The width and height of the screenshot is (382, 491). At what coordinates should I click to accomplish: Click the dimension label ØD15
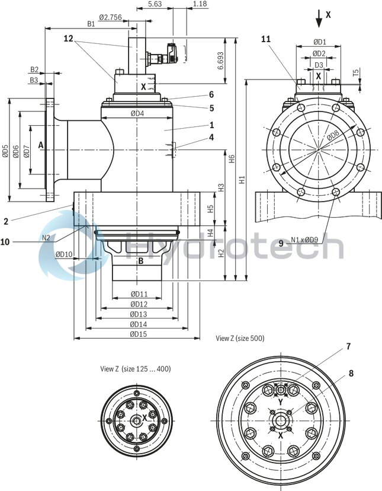point(139,334)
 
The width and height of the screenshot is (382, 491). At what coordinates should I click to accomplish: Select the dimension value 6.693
point(220,62)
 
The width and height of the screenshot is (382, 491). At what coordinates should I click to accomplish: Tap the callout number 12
point(68,39)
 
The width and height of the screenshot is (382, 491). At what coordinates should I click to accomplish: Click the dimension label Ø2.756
point(110,17)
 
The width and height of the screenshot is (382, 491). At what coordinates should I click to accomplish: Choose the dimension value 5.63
point(155,4)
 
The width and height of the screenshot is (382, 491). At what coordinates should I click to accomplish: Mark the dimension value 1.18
point(200,4)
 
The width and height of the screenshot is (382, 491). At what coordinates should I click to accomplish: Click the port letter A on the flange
point(41,144)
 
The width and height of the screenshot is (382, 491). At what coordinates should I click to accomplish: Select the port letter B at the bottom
point(141,260)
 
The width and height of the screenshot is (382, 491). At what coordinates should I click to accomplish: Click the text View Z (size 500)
point(240,338)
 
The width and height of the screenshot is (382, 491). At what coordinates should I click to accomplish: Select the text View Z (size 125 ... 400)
point(135,369)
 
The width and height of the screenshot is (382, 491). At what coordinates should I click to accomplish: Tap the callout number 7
point(349,346)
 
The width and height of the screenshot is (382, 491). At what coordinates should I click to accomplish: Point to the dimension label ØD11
point(139,294)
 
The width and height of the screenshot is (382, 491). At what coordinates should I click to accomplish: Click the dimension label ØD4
point(137,113)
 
